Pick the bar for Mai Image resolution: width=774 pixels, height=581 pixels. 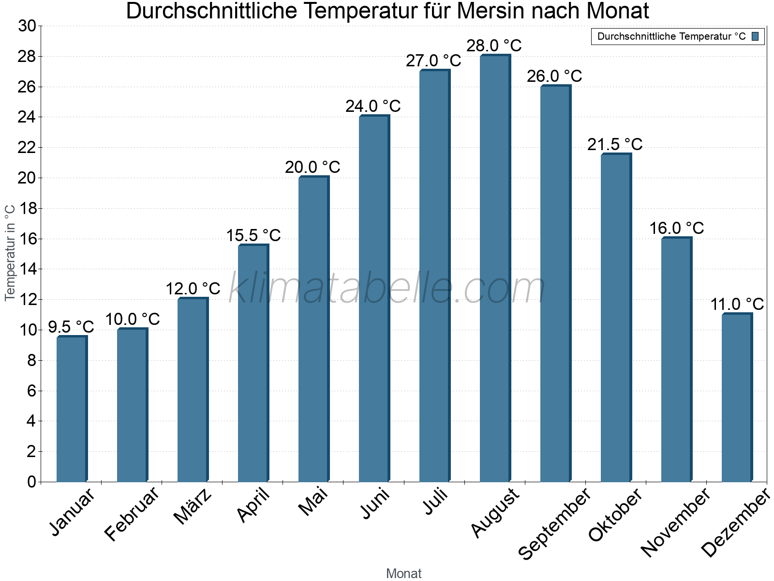point(313,329)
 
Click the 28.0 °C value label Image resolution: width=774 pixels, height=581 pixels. point(494,46)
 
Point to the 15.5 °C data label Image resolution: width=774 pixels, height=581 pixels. point(253,235)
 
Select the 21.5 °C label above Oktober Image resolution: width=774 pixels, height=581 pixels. point(615,144)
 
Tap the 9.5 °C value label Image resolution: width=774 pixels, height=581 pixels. point(71,327)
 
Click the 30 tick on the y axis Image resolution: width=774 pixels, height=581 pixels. point(27,26)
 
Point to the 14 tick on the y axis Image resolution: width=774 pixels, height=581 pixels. point(27,269)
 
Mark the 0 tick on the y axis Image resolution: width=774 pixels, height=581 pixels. point(31,482)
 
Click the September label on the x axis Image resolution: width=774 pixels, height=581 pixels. point(554,523)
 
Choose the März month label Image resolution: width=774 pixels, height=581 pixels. point(193,506)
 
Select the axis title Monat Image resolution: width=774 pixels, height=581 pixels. point(403,573)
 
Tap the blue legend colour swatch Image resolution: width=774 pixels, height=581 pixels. point(755,36)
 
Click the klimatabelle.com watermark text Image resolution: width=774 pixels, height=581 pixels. point(387,289)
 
